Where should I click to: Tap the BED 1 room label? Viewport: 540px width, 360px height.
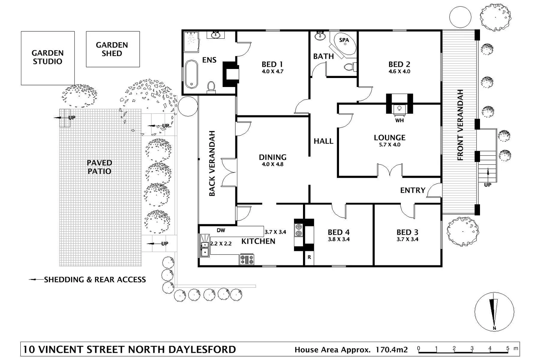[x=272, y=64]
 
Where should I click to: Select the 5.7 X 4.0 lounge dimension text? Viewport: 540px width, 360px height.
[x=389, y=145]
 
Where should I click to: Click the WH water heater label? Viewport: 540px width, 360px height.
[x=399, y=120]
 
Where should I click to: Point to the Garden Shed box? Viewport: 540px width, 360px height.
[x=113, y=49]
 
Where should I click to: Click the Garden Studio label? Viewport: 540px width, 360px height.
[x=47, y=57]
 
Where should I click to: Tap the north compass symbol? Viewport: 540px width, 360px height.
[x=494, y=312]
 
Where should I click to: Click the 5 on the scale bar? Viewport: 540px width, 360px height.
[x=508, y=348]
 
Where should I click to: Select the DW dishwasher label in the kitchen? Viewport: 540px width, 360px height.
[x=221, y=230]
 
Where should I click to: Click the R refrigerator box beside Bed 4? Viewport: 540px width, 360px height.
[x=309, y=257]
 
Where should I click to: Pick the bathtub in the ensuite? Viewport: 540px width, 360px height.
[x=191, y=74]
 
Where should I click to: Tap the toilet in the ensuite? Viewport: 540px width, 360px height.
[x=211, y=87]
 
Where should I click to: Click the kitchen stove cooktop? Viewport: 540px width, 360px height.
[x=247, y=259]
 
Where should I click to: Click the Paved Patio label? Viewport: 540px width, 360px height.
[x=99, y=167]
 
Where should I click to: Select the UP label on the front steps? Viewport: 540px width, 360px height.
[x=487, y=185]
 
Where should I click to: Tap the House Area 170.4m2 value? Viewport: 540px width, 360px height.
[x=392, y=350]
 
